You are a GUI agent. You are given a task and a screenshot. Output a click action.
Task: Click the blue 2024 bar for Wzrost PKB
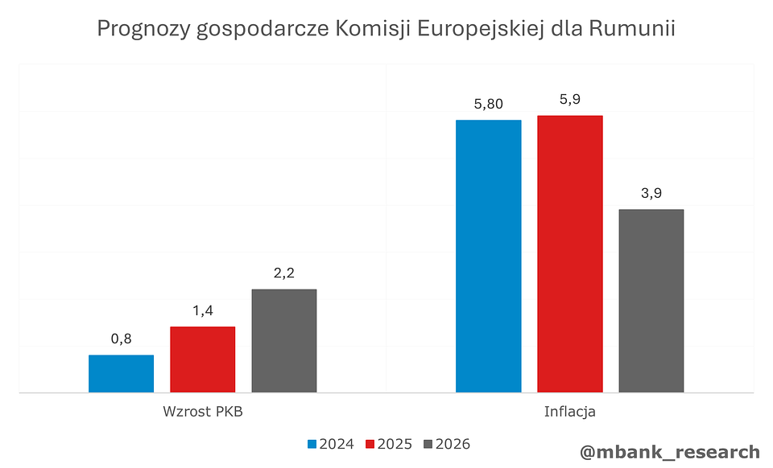121,374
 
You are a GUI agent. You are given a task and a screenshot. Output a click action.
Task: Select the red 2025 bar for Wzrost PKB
202,359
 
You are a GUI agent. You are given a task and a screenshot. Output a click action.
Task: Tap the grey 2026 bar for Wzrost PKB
284,341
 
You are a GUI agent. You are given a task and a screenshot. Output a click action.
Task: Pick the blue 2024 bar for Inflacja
489,256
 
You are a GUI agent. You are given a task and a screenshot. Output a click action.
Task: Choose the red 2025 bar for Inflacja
570,253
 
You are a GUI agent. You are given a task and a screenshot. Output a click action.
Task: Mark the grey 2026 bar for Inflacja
651,301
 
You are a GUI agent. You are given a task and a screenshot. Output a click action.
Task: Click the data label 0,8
121,339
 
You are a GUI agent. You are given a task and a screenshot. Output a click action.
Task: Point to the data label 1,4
202,311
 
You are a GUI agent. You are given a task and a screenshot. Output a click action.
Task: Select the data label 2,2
284,273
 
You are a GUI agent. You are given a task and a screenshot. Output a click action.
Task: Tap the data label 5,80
489,104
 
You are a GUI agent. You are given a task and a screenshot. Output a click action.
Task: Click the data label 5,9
570,100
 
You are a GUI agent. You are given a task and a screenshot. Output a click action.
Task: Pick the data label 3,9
651,194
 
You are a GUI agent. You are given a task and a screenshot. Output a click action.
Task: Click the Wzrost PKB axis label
202,412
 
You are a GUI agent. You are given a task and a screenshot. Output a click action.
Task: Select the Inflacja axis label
569,412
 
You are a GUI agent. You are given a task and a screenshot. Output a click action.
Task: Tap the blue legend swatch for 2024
312,444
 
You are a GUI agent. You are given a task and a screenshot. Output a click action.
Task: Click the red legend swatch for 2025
370,444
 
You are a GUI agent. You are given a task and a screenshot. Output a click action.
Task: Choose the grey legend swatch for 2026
428,444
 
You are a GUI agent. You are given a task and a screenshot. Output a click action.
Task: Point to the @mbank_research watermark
669,452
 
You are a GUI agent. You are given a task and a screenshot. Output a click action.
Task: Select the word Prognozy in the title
142,30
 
